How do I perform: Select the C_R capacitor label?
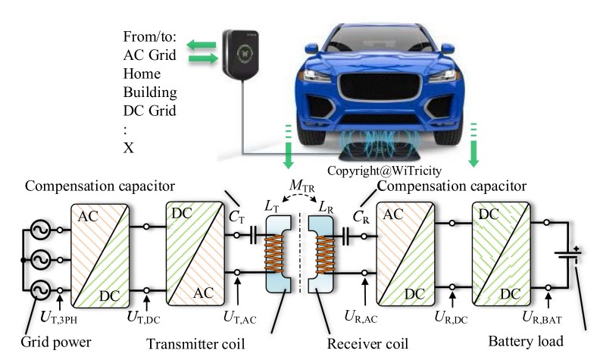(361, 214)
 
